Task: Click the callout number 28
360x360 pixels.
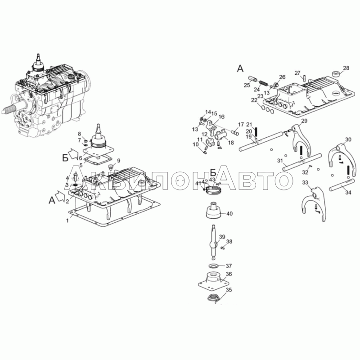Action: point(346,68)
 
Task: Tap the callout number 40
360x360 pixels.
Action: point(229,213)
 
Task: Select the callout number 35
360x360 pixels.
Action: point(229,290)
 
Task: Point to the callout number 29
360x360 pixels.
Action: point(304,121)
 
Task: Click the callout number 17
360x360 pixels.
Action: point(241,125)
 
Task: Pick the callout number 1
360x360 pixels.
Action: point(67,220)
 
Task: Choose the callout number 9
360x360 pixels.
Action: point(118,161)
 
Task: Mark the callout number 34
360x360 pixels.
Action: point(348,193)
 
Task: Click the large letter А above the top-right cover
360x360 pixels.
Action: point(240,68)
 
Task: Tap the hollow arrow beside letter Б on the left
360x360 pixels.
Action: point(74,153)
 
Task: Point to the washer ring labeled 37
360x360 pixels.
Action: point(214,266)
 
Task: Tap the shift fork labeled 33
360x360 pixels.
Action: point(313,204)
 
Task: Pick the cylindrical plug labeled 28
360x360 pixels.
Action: point(336,74)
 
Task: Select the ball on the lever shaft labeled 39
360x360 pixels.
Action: point(214,244)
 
